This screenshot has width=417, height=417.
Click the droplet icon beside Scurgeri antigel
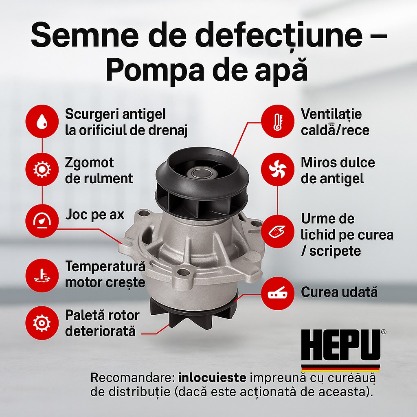[42, 121]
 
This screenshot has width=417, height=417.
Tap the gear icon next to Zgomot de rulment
[42, 169]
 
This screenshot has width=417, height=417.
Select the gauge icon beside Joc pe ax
[42, 221]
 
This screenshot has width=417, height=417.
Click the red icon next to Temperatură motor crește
[42, 276]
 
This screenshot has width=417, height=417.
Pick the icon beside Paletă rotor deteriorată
[42, 323]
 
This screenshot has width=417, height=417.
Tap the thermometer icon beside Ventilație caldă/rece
[278, 121]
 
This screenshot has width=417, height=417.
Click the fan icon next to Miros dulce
[278, 169]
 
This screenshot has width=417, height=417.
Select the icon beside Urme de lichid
[278, 231]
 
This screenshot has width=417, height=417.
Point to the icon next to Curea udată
[278, 294]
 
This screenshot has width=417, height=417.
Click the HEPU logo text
[341, 345]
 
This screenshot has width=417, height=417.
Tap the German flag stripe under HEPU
[341, 368]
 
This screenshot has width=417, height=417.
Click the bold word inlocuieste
[212, 377]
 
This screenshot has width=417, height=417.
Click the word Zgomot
[89, 163]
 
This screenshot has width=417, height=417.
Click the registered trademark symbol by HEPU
[384, 332]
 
